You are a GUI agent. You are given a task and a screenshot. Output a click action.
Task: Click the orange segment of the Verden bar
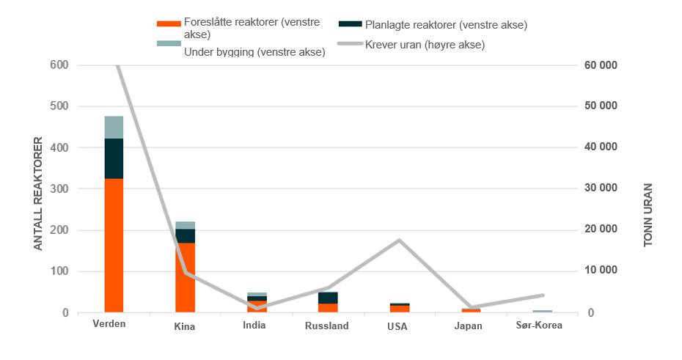pos(114,245)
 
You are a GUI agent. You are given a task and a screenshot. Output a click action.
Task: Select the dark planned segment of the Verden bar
pos(114,158)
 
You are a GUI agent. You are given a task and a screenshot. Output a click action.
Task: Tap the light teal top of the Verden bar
pos(114,128)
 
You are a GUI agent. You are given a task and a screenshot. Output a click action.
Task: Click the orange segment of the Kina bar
pos(186,277)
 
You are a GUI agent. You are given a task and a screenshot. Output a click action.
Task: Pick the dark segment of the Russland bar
pos(328,298)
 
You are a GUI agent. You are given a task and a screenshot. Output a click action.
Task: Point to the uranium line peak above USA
pos(399,240)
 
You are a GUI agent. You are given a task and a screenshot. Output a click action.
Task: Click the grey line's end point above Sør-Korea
pos(543,295)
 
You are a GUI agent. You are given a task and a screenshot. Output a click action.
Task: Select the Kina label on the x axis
pos(184,326)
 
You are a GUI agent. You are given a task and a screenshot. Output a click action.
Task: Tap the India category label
pos(254,326)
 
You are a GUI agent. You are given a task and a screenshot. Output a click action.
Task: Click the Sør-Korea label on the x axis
pos(539,326)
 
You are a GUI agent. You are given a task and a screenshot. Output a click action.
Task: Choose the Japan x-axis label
pos(468,326)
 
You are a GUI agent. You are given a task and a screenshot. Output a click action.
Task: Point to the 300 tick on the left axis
pos(59,188)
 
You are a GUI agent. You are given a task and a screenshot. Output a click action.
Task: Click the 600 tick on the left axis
pos(59,65)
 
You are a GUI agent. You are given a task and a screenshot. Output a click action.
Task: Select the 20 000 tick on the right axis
pos(601,229)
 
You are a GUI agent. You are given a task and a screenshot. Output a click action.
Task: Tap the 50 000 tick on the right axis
pos(601,106)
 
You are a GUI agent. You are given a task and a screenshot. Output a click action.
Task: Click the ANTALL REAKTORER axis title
pos(38,194)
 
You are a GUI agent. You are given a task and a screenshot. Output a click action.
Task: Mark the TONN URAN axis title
pos(648,215)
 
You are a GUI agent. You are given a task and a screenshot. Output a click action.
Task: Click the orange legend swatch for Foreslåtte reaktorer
pos(169,24)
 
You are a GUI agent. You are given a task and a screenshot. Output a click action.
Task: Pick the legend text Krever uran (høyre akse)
pos(425,45)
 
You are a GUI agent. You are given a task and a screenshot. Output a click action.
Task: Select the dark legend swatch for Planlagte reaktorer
pos(350,23)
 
